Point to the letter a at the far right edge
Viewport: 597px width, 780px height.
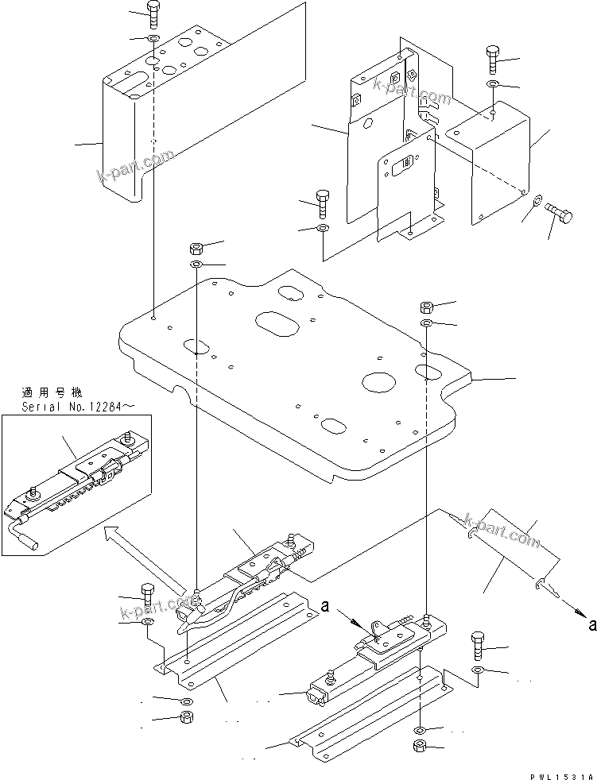[591, 625]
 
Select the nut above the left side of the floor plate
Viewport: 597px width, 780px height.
[196, 247]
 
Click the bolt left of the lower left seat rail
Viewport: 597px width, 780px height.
[149, 593]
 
